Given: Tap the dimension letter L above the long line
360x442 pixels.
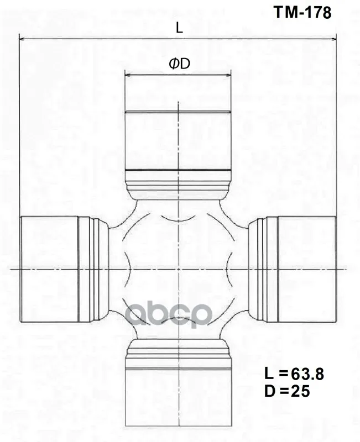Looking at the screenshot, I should [179, 28].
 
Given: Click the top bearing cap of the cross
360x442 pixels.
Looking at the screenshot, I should [178, 141].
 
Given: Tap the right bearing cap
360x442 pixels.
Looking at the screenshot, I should [306, 269].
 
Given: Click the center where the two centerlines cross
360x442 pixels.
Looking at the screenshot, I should [178, 269].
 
